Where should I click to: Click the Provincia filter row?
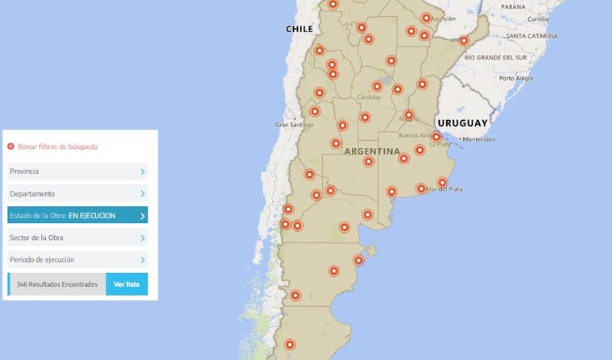[x=77, y=172]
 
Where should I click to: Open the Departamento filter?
[x=77, y=194]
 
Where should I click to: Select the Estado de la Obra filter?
[x=77, y=216]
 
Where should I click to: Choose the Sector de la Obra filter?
[x=77, y=238]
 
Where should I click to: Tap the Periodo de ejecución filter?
[x=77, y=260]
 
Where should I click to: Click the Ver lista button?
[x=126, y=284]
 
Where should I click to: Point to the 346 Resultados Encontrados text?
[x=57, y=284]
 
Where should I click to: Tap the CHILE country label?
[x=299, y=29]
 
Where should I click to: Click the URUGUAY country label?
[x=462, y=123]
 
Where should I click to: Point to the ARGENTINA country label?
[x=371, y=151]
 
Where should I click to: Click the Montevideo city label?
[x=479, y=139]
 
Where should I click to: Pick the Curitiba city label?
[x=539, y=18]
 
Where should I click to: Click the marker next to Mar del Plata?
[x=441, y=183]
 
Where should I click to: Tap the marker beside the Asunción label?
[x=426, y=18]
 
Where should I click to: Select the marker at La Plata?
[x=436, y=137]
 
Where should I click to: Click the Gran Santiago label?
[x=294, y=125]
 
